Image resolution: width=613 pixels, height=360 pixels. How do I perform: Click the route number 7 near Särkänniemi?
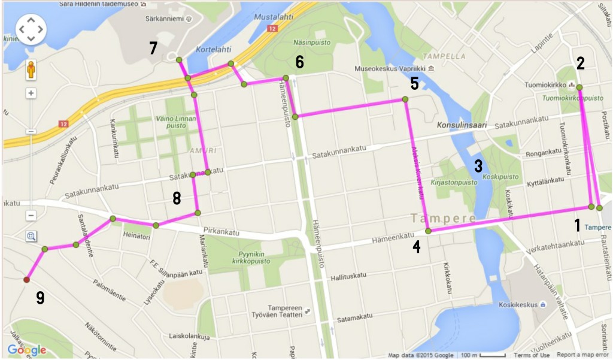tap(153, 49)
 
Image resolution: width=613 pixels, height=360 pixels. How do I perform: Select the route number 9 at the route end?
tap(40, 298)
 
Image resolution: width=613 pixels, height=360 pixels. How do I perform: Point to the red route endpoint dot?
tap(26, 280)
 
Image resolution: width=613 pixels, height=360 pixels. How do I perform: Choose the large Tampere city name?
tap(444, 218)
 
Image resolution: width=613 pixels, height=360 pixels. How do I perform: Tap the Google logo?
tap(27, 350)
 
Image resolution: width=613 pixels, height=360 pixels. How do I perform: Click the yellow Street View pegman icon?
tap(31, 72)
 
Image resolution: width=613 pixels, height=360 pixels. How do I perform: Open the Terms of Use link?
tap(532, 355)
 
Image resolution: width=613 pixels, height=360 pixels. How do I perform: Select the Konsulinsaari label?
tap(461, 126)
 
